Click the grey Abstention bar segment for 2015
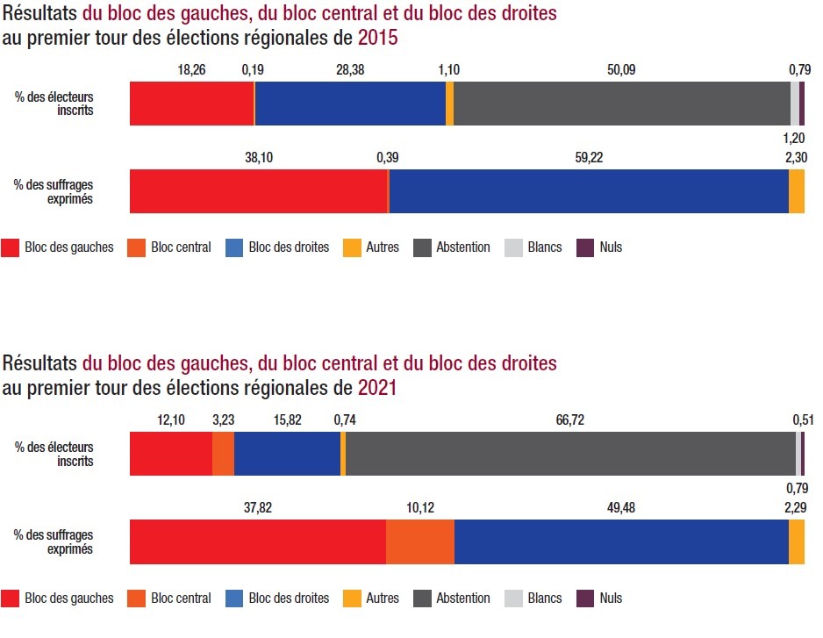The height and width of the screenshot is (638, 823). [621, 104]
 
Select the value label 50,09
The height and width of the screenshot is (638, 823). [621, 69]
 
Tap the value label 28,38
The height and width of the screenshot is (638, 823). [350, 69]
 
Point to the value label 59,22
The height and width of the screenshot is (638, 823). [589, 157]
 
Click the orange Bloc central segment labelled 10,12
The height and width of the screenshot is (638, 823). [420, 541]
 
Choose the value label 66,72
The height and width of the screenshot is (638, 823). [570, 420]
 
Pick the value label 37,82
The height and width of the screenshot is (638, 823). [257, 508]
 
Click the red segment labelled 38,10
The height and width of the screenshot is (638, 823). [258, 191]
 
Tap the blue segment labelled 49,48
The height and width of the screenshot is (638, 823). [621, 541]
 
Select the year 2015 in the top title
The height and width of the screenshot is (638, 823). [378, 38]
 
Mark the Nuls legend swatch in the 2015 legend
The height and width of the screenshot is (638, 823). [586, 247]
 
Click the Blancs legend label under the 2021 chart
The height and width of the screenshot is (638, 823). [545, 599]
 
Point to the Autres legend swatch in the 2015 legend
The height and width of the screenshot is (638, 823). [352, 247]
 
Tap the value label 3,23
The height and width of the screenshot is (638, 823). [224, 420]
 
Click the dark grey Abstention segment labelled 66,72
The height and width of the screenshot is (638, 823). [570, 454]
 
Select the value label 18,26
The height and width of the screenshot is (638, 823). [192, 69]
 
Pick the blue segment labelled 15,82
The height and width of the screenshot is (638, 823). [287, 454]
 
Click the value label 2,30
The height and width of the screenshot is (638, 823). [795, 157]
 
